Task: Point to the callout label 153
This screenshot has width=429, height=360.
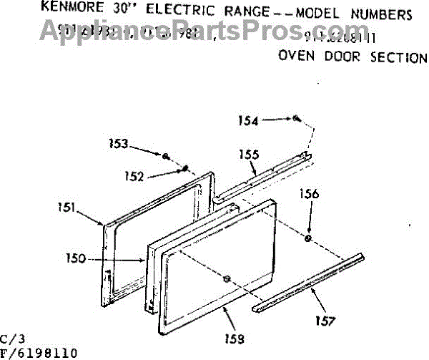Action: click(x=119, y=145)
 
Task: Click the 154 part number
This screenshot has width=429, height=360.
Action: click(x=249, y=121)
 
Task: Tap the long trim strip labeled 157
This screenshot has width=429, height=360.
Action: click(x=307, y=284)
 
